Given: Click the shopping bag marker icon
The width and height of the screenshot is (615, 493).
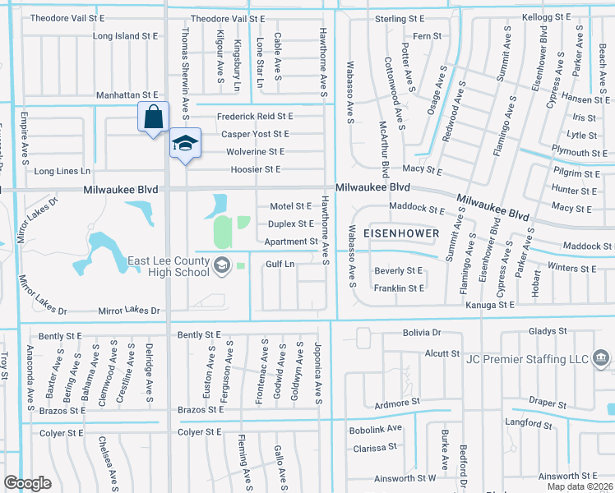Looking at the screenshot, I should point(153,117).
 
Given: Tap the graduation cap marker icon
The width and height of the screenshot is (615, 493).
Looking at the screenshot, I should point(185,143).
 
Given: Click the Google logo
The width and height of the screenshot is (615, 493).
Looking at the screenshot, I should point(27,483).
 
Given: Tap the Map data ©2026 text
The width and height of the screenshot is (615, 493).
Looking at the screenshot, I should point(579,486).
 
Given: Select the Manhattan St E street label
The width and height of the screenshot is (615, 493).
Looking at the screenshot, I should point(126,96).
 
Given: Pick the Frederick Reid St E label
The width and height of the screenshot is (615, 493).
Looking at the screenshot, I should point(255,117).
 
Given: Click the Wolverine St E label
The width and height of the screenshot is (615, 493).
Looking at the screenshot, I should point(255,152).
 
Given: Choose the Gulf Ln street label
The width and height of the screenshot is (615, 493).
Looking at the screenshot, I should point(280,264).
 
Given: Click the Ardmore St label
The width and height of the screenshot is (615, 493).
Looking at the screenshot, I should point(396,403).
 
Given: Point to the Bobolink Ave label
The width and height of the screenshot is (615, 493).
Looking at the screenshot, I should point(376,428).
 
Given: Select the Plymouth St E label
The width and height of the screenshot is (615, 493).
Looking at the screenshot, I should point(580,153).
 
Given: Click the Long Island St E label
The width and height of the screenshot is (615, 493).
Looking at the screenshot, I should point(126,36).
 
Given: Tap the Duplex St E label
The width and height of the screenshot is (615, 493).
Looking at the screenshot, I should point(291,223).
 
